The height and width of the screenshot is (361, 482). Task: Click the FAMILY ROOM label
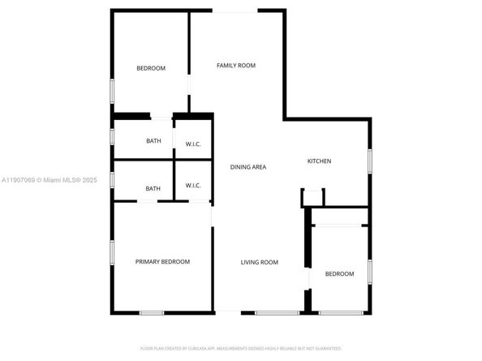pos(235,65)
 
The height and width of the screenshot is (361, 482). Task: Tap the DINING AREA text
pos(247,167)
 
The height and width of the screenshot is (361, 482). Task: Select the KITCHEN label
pos(319,161)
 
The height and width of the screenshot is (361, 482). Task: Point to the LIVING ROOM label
pos(259,262)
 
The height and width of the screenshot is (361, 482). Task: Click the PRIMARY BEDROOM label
pos(162,261)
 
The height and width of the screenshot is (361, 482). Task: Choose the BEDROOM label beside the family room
pos(150,68)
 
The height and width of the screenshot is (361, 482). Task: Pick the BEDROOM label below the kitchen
pos(339,274)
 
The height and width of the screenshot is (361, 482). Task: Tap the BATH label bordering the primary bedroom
pos(153,189)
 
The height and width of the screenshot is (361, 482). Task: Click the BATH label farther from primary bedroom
pos(153,141)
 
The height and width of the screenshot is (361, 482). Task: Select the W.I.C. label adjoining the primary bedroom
pos(193,186)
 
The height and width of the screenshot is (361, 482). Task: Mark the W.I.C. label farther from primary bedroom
pos(193,144)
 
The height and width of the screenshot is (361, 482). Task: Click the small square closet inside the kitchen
pos(312,197)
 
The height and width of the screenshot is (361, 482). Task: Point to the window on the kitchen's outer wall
pos(369,161)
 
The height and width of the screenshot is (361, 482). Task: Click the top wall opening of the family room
pos(237,11)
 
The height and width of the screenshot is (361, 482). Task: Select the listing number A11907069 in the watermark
pos(19,180)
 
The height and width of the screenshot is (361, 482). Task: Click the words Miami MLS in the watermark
pos(62,180)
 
